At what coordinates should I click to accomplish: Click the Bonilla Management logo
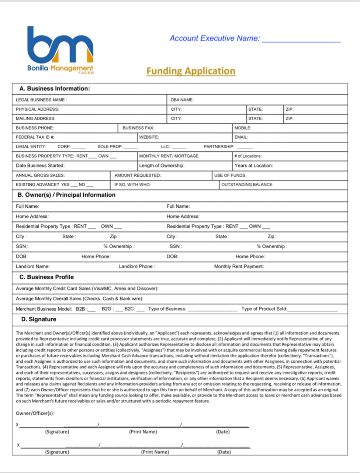[x=60, y=50]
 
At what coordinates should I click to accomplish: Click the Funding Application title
[x=191, y=71]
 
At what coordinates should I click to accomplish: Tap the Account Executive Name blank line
[x=301, y=41]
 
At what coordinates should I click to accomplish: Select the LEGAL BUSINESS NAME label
[x=41, y=100]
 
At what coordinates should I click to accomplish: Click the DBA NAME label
[x=182, y=100]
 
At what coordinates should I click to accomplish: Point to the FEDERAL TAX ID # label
[x=35, y=137]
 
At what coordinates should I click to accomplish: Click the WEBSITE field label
[x=149, y=137]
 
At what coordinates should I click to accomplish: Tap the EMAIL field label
[x=241, y=137]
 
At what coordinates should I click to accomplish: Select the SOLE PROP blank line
[x=131, y=147]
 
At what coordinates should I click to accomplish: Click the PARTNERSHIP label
[x=219, y=146]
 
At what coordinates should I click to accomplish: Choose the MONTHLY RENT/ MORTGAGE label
[x=169, y=156]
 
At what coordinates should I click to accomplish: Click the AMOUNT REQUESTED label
[x=138, y=175]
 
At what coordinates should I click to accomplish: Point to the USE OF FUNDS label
[x=230, y=175]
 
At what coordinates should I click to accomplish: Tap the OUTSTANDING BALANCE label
[x=247, y=184]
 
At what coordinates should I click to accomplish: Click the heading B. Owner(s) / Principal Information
[x=66, y=195]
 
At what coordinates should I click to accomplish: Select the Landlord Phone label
[x=137, y=266]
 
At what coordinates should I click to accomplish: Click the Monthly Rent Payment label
[x=239, y=266]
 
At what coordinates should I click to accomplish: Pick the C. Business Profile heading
[x=46, y=277]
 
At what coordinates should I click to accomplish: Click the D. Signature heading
[x=39, y=319]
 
